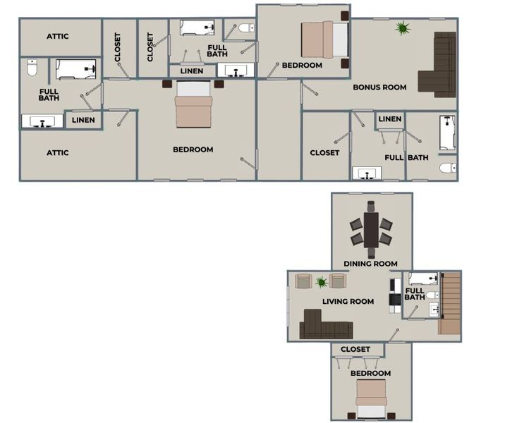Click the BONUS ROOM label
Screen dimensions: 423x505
tap(379, 87)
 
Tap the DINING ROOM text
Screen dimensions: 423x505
tap(371, 264)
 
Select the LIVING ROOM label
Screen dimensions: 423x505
tap(348, 302)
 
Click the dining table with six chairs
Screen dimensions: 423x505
tap(371, 229)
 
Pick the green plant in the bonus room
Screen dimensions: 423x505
tap(402, 28)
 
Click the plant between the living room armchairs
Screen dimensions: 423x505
tap(321, 282)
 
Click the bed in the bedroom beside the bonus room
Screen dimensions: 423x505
tap(324, 39)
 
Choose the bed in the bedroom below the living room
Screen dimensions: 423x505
tap(371, 399)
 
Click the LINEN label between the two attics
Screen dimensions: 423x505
tap(84, 121)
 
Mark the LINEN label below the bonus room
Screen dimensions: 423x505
tap(390, 119)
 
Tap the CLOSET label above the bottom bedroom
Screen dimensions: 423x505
tap(355, 349)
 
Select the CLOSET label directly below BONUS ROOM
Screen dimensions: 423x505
tap(324, 153)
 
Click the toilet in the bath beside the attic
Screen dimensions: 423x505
tap(32, 69)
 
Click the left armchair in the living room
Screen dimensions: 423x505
tap(303, 281)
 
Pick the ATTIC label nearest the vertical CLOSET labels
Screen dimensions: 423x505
tap(62, 36)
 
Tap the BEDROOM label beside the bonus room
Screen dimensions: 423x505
tap(302, 66)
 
